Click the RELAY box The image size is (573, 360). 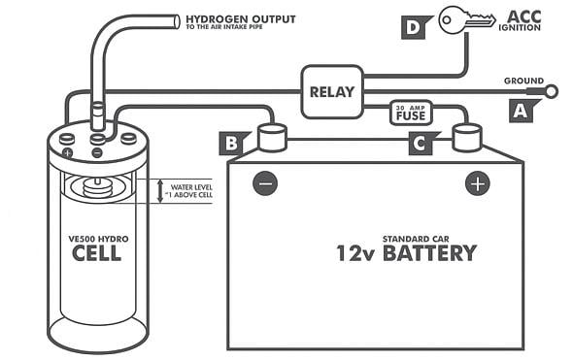click(x=332, y=91)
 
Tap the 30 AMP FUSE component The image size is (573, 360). click(x=411, y=113)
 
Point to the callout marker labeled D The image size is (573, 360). click(x=416, y=27)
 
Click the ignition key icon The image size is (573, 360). click(x=467, y=19)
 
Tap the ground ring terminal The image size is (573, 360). click(x=551, y=91)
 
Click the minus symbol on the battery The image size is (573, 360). click(x=265, y=183)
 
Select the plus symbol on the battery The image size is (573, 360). click(x=478, y=183)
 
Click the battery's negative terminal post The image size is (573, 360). click(x=272, y=138)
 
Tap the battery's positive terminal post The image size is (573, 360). click(x=467, y=138)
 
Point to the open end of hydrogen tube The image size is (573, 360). click(x=176, y=21)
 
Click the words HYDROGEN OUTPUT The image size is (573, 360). click(x=241, y=19)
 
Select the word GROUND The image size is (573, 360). click(x=523, y=81)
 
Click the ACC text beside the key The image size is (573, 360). click(x=524, y=16)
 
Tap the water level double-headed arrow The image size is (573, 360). click(x=159, y=191)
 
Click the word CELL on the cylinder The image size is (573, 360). click(x=96, y=253)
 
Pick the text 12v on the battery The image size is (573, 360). click(x=355, y=253)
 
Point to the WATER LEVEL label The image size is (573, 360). click(x=191, y=187)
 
